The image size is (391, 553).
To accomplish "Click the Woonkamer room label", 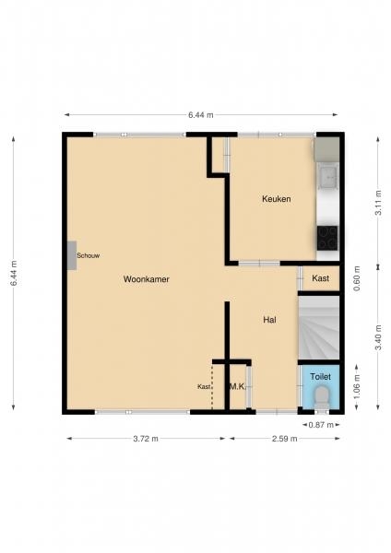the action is tap(147, 279).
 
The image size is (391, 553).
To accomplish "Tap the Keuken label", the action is tap(277, 199).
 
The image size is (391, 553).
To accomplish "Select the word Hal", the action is tap(269, 320).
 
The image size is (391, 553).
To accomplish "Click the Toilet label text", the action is tap(320, 377).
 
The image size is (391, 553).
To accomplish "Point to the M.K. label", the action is tap(238, 386).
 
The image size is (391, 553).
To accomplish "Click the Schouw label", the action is tap(89, 255).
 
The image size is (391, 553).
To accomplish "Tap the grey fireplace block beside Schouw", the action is tap(72, 255).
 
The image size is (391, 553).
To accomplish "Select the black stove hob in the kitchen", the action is tap(327, 238).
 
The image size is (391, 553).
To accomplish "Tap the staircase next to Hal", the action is tap(319, 327).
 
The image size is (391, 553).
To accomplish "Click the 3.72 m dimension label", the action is tap(146, 439).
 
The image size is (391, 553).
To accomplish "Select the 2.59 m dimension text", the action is tap(284, 439).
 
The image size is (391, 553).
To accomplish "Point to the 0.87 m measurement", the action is tap(321, 425).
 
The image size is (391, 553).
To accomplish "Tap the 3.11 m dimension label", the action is tap(378, 203).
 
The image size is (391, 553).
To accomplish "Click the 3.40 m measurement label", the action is tap(378, 337).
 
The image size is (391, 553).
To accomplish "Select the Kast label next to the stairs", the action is tap(320, 278).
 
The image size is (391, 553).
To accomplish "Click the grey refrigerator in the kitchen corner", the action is tap(326, 149).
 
